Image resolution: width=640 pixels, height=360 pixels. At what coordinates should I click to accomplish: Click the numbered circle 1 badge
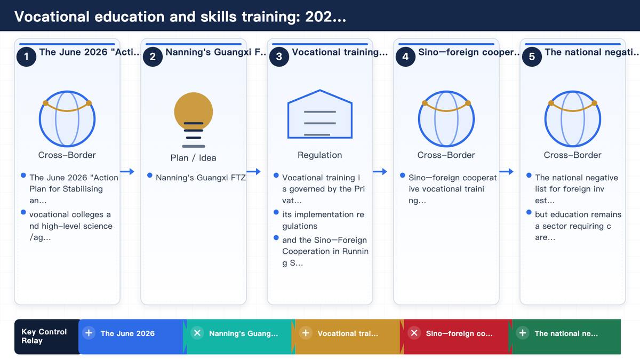point(26,57)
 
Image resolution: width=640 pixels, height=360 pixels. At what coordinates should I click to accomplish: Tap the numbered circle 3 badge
point(279,57)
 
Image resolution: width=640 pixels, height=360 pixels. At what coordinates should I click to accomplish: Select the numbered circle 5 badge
point(532,57)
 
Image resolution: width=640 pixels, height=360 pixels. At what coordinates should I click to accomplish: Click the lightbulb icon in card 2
point(194,119)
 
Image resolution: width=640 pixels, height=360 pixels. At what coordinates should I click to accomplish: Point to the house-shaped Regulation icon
point(319,114)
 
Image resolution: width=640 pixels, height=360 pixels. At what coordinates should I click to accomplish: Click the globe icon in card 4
point(446,118)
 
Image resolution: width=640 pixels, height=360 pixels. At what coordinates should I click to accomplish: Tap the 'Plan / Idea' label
point(194,158)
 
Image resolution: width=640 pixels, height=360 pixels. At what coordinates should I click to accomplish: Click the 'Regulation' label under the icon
point(319,155)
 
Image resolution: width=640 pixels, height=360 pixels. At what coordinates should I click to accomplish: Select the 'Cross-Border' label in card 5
point(572,155)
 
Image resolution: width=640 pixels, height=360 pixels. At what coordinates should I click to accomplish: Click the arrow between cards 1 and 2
point(127,171)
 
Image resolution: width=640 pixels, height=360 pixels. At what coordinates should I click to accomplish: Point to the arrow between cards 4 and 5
point(506,171)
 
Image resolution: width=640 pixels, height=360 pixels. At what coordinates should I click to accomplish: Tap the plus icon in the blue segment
point(89,333)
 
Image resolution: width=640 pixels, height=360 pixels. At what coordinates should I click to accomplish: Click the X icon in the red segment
point(414,333)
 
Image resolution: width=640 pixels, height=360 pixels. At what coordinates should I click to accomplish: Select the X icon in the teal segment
point(197,333)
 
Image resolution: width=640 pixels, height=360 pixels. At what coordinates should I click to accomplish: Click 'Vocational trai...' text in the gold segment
point(348,333)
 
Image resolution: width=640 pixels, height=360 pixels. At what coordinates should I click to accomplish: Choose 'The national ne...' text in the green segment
point(566,333)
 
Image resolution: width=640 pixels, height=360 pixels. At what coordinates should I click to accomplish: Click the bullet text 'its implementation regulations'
point(323,220)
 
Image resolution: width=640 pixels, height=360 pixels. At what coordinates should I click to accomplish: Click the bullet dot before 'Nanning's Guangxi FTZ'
point(150,175)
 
